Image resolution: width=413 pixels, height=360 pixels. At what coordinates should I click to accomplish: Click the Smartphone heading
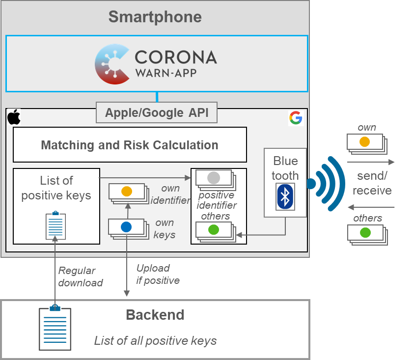155,17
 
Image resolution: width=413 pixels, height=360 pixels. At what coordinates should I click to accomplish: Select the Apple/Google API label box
157,113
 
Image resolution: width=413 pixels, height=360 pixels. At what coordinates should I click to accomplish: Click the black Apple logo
14,117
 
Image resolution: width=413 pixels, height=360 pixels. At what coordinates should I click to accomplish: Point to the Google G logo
295,118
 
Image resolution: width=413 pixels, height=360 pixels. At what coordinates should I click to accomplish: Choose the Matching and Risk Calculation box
130,145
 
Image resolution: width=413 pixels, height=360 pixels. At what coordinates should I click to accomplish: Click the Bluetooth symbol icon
285,196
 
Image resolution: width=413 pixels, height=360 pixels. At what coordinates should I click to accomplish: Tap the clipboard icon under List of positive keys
55,225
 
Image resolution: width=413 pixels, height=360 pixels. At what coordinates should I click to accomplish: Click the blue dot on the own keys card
126,227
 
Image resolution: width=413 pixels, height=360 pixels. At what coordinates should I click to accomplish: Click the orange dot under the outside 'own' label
364,142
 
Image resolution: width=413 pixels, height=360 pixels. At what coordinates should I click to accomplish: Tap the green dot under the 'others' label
365,232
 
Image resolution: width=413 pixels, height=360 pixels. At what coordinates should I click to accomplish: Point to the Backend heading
155,315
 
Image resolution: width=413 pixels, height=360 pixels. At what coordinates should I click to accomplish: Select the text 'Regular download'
80,277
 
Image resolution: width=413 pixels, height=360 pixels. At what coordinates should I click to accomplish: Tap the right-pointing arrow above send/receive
371,162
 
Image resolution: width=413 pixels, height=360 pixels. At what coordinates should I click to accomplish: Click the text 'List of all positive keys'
155,341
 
